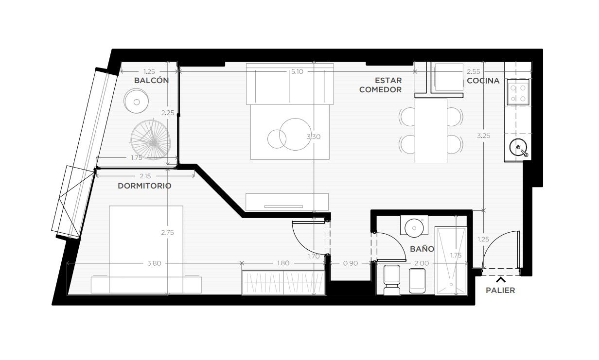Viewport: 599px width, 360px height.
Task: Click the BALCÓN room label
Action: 151,80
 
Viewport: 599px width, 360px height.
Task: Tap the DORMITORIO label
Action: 144,186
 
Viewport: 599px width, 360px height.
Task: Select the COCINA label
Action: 483,81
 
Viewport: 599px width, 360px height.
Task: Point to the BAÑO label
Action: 422,249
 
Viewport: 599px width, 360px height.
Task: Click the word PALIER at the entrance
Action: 500,290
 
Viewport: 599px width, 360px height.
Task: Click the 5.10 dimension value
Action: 297,71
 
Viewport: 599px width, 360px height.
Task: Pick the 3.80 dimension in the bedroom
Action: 154,263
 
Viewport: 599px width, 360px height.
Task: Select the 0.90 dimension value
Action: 350,263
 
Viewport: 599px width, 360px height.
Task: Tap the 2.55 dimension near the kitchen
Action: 474,71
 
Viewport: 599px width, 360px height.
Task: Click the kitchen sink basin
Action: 518,147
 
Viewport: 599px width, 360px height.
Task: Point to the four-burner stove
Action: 518,92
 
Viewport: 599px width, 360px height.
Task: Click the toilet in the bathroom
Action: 392,280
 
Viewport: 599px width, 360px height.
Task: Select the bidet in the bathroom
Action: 417,280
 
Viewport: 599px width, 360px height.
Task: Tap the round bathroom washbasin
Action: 414,228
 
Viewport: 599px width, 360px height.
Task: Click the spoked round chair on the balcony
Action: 151,140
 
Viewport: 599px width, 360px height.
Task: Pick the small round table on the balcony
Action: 136,101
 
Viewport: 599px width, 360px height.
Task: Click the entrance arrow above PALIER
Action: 501,280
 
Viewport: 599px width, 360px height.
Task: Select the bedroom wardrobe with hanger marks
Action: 283,282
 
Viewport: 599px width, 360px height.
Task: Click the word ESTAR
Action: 388,80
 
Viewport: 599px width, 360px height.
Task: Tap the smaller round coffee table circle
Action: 277,139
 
